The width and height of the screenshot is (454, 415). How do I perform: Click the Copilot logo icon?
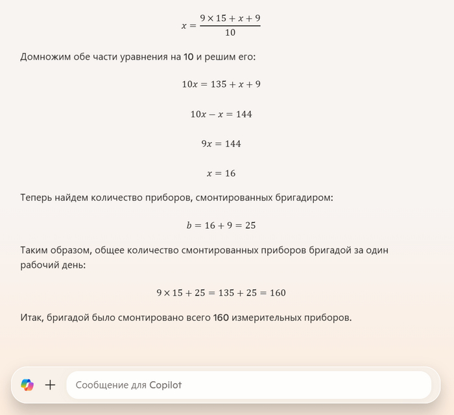coord(27,385)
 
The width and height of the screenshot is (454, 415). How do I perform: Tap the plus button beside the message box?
coord(50,385)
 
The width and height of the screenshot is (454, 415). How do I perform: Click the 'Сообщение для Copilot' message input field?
coord(246,385)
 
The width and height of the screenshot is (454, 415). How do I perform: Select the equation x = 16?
coord(221,173)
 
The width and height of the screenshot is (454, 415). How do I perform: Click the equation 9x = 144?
coord(221,143)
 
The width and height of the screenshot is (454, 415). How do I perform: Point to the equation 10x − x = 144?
coord(221,114)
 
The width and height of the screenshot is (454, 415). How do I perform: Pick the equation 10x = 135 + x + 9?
coord(221,84)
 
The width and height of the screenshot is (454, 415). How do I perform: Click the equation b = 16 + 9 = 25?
coord(221,226)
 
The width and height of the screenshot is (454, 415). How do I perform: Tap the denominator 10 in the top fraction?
coord(230,32)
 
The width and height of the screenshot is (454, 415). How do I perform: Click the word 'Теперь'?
coord(36,197)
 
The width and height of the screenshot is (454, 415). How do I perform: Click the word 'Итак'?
coord(32,318)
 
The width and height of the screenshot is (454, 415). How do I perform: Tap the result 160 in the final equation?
coord(277,293)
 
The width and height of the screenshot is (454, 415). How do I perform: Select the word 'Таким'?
coord(35,250)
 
